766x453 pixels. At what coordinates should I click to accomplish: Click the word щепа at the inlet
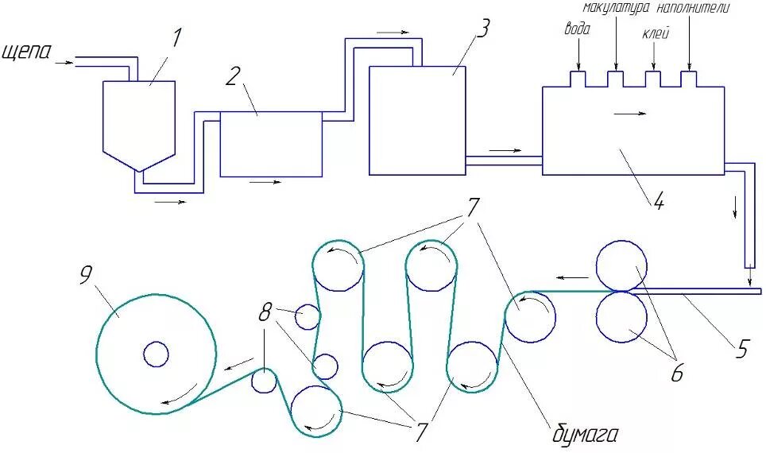[27, 52]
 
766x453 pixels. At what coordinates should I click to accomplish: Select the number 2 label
[233, 76]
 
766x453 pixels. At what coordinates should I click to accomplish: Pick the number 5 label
[741, 348]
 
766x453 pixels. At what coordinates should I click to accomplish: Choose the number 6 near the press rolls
[676, 374]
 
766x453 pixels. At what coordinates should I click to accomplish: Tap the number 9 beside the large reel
[87, 274]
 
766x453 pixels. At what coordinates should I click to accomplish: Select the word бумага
[585, 435]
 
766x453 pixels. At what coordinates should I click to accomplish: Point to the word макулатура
[617, 9]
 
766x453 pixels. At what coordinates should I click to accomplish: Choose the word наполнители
[693, 9]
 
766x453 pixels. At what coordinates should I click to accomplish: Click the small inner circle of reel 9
[156, 354]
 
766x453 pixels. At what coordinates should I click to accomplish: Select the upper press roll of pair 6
[621, 265]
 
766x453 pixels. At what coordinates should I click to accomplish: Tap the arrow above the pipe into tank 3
[393, 32]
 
